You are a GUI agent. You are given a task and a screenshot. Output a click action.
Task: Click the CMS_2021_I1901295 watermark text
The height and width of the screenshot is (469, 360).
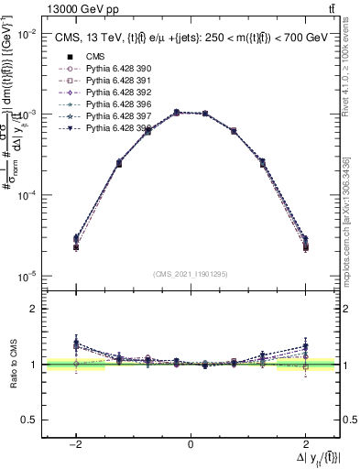point(191,274)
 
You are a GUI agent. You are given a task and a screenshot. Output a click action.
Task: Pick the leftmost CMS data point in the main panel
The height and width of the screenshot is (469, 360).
point(75,247)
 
